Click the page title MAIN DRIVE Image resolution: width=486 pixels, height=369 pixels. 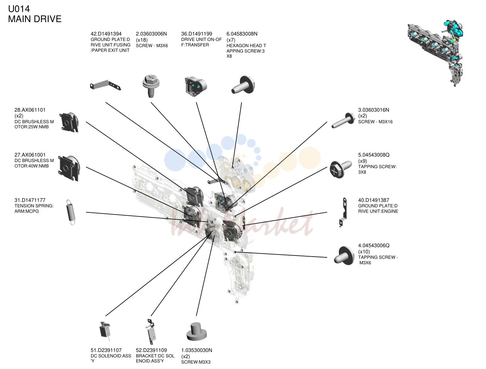pos(35,19)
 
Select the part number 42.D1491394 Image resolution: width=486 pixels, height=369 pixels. pos(106,34)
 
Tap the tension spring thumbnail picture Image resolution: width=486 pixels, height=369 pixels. pos(70,212)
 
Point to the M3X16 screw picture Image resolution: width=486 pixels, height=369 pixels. pos(343,120)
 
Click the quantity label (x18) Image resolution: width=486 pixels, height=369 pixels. pos(142,40)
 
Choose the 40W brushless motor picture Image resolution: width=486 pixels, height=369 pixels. pos(69,169)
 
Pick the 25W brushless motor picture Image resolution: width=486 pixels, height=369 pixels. pos(69,122)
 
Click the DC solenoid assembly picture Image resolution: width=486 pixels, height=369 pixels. pos(105,331)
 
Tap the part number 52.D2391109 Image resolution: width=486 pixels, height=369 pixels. pos(151,350)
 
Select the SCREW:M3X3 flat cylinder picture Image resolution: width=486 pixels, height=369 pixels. pos(197,332)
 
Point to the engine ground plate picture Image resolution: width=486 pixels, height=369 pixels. pos(343,212)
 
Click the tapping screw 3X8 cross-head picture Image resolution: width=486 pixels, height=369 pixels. pos(340,169)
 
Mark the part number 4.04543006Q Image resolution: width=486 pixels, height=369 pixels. pos(374,245)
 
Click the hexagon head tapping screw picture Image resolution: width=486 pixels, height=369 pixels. pos(243,85)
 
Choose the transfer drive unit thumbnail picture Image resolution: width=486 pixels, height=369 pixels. pos(195,86)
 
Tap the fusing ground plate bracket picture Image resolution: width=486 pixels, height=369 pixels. pos(105,85)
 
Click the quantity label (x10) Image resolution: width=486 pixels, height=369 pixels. pos(364,252)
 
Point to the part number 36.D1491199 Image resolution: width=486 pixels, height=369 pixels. pos(197,34)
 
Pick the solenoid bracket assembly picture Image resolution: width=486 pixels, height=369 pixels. pos(151,331)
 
